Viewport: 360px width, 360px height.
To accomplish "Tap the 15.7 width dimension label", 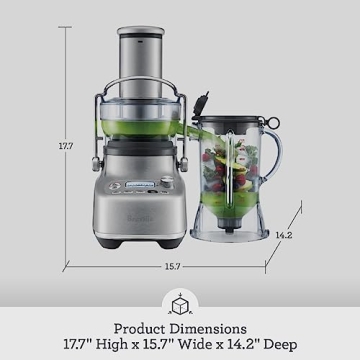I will [172, 266].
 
